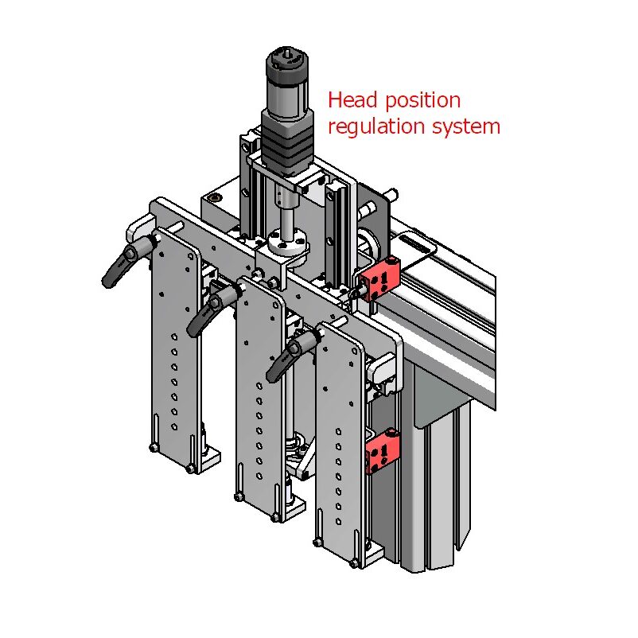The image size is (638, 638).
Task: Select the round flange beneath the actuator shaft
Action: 285,241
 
